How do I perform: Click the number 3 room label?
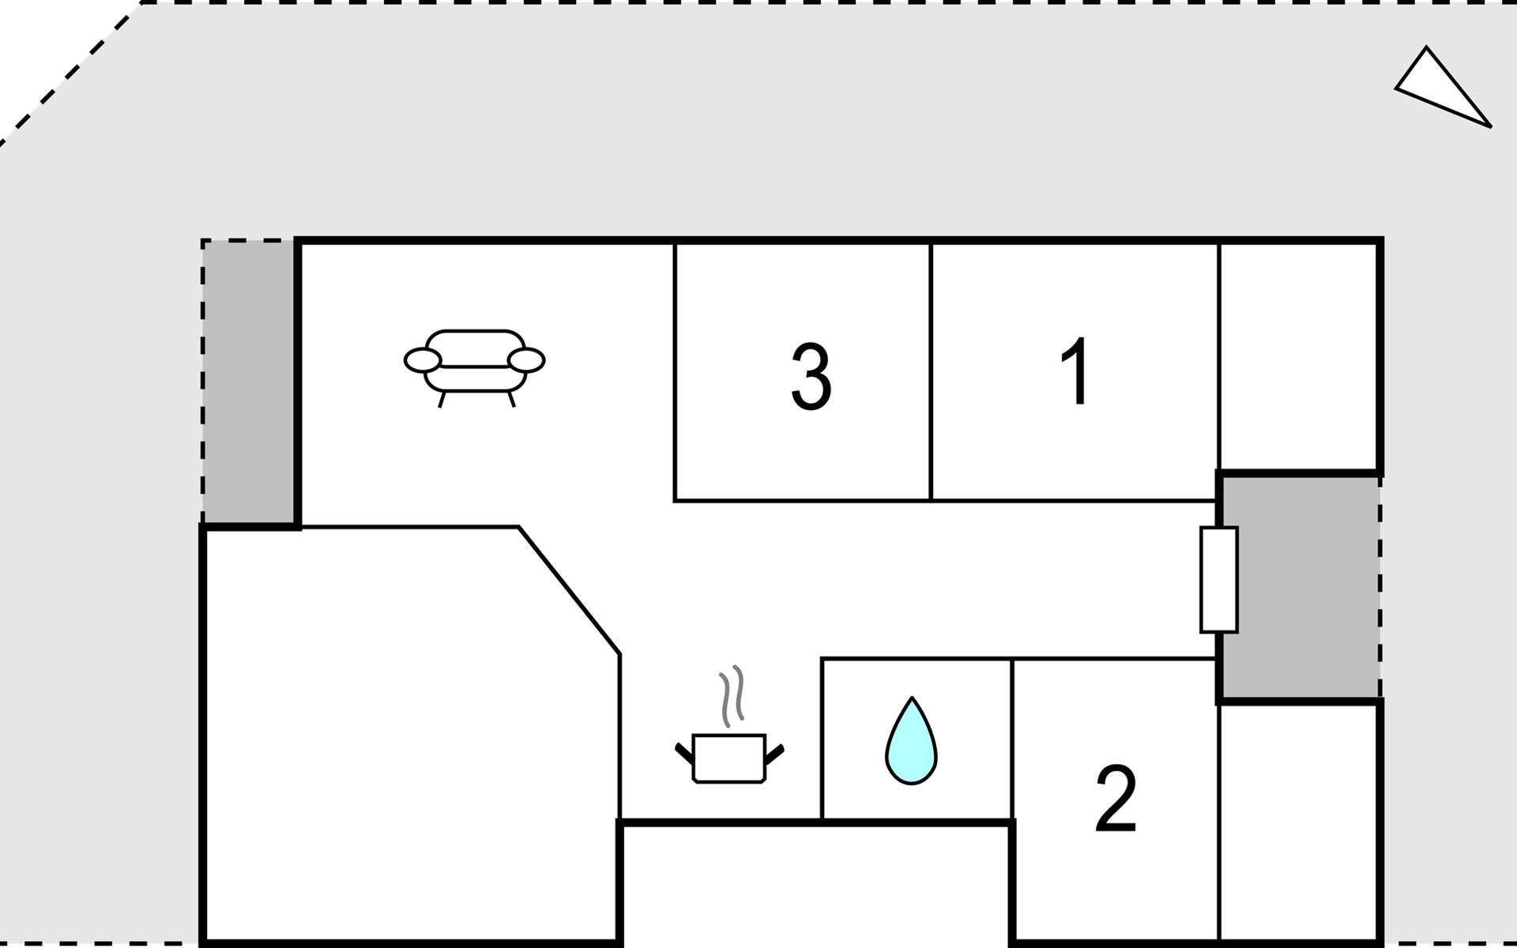tap(811, 377)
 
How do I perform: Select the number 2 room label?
tap(1116, 798)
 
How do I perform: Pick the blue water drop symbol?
tap(911, 741)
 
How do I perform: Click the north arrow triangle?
tap(1443, 87)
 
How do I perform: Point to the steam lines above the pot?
tap(732, 695)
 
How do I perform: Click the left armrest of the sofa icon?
tap(423, 360)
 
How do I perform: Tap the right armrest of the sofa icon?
tap(526, 360)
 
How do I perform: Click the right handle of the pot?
tap(774, 754)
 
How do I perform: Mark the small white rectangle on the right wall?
tap(1218, 579)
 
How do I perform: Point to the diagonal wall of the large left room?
tap(569, 590)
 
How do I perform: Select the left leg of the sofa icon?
tap(442, 400)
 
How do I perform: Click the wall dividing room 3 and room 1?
tap(932, 372)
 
